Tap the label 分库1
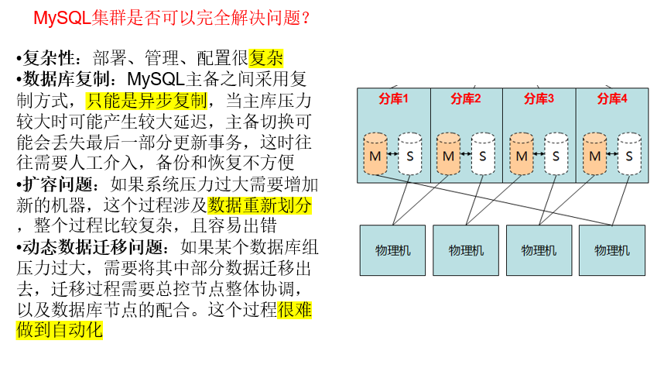pos(393,98)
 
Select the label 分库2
pos(466,98)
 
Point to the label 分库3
pos(539,98)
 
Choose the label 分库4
pos(612,98)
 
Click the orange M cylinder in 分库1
pos(375,154)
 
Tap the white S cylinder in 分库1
pos(410,154)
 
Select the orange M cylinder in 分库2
pos(448,154)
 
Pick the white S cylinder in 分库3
pos(556,154)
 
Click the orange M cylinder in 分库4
pos(594,154)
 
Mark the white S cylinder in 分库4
pos(629,154)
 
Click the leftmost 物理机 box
pos(393,250)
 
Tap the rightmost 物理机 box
pos(612,250)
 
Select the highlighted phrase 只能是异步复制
pos(146,100)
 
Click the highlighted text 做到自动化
pos(59,330)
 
